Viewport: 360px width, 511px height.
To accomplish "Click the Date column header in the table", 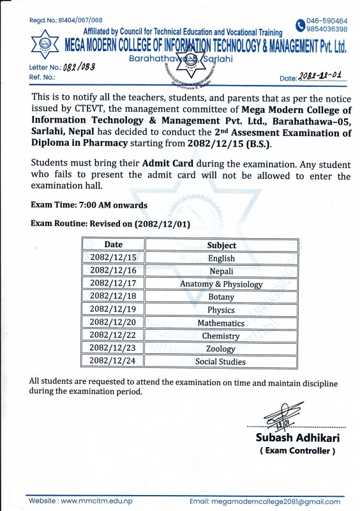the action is click(114, 245).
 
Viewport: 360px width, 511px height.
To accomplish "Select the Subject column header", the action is click(221, 245).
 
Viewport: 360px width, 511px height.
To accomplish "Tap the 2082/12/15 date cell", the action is click(114, 258).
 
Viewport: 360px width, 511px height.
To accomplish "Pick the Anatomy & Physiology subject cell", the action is click(221, 284).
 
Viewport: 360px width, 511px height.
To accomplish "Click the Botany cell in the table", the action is click(221, 297).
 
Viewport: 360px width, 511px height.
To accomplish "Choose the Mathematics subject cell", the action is click(221, 323).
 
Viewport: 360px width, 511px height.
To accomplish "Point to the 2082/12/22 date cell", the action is click(114, 335).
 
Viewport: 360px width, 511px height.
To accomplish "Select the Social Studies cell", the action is click(221, 362).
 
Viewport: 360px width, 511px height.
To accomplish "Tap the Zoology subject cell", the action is click(221, 349).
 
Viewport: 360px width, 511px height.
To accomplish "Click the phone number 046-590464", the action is click(327, 21).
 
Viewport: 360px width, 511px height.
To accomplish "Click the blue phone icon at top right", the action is click(300, 25).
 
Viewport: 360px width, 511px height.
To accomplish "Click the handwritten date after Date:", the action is click(322, 77).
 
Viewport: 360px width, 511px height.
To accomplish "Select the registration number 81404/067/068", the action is click(75, 20).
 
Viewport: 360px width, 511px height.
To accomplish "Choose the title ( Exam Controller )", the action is click(297, 451).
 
